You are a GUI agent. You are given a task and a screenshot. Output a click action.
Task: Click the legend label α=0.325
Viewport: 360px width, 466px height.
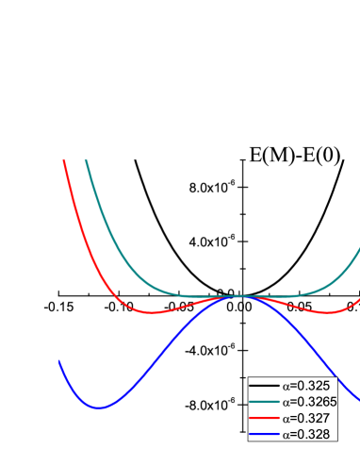point(307,386)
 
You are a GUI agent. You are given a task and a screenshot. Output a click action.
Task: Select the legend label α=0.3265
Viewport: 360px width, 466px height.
point(311,402)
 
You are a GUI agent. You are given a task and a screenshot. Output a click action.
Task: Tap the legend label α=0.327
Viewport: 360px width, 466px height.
point(307,418)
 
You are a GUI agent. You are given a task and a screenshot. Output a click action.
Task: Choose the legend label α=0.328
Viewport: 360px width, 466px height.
point(307,434)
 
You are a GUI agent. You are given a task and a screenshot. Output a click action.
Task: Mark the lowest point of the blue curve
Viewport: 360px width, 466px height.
point(100,408)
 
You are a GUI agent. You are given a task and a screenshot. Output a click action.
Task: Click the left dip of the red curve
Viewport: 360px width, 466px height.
point(152,312)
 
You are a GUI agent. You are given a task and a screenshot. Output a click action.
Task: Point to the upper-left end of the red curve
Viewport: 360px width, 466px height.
point(64,161)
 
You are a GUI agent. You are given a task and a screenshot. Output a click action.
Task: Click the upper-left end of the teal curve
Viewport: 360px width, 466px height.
point(87,161)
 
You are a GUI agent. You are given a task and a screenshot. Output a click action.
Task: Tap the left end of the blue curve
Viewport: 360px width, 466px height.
point(59,361)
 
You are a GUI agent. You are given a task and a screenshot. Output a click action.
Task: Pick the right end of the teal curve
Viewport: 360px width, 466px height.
point(358,251)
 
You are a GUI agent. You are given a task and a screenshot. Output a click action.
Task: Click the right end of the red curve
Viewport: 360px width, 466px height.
point(358,300)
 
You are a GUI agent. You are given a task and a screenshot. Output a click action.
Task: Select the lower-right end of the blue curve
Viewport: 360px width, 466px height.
point(358,399)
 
